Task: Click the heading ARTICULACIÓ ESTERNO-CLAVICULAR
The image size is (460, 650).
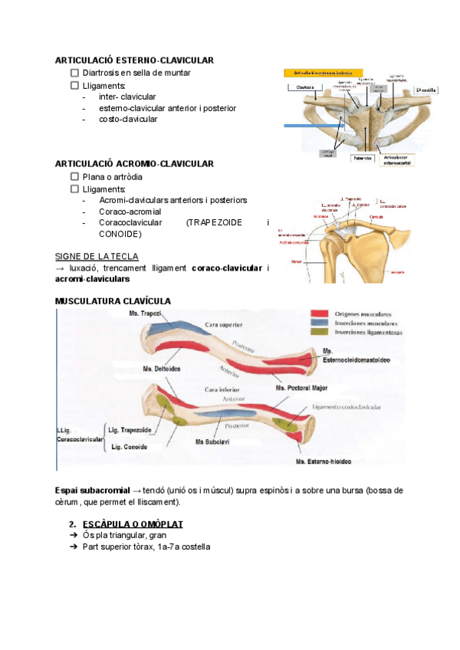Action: point(134,60)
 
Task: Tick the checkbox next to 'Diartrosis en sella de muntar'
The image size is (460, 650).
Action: point(74,73)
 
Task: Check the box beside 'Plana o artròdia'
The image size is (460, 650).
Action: point(74,176)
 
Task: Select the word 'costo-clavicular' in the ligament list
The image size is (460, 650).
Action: point(128,120)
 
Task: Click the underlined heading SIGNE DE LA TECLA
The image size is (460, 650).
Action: point(97,256)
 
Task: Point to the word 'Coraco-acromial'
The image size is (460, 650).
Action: point(130,211)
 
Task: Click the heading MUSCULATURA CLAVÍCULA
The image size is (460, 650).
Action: point(113,300)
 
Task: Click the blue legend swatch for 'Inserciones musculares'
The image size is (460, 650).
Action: point(319,323)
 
